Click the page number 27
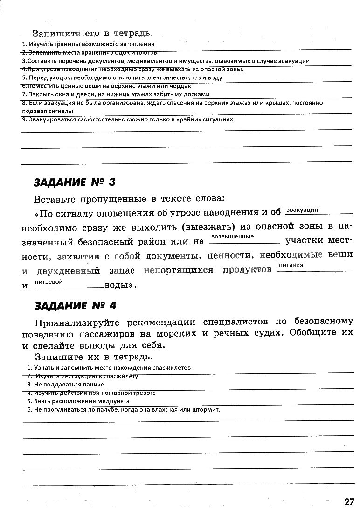pos(349,502)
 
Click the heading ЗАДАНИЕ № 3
pos(74,182)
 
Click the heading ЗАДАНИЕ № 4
pos(75,306)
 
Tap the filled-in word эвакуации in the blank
pos(302,210)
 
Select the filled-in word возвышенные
pos(232,237)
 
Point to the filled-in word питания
pos(291,265)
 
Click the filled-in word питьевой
pos(49,282)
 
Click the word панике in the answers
pos(95,385)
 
